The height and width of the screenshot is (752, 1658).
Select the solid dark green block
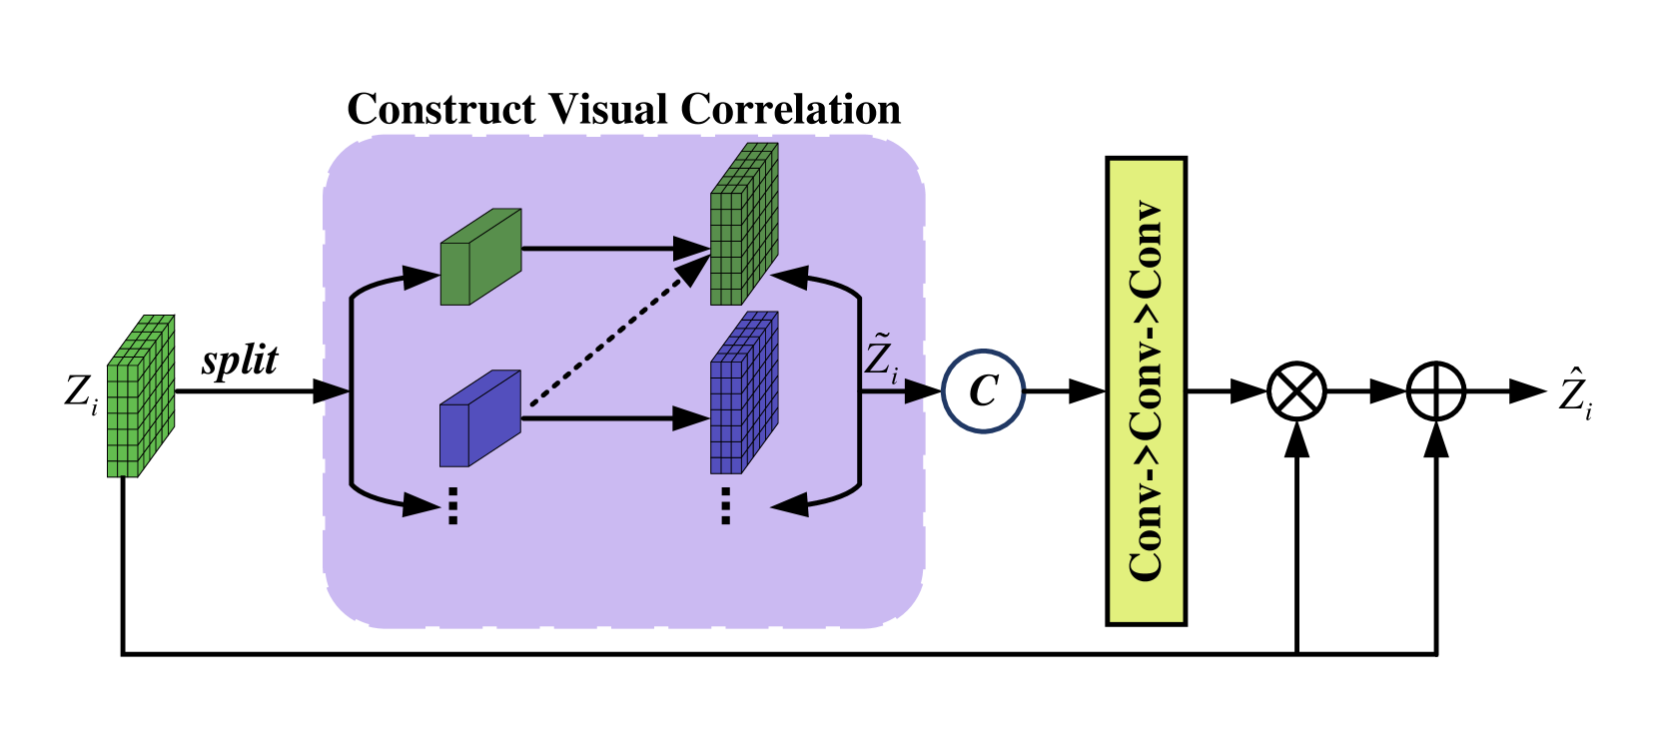(479, 258)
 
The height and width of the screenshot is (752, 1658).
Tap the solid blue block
(479, 419)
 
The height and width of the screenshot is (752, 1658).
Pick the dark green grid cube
(743, 226)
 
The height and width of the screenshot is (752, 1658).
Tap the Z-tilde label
(880, 359)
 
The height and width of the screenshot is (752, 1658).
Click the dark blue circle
(984, 391)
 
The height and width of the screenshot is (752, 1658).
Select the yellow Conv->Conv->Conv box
(1146, 391)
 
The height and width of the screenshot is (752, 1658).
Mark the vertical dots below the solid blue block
(452, 505)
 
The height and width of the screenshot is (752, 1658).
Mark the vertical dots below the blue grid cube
(725, 505)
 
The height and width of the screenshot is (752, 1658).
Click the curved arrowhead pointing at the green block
(419, 278)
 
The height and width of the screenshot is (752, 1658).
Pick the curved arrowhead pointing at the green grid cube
(790, 277)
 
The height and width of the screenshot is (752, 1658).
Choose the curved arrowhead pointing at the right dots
(790, 504)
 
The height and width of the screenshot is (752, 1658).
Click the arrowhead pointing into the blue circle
(916, 391)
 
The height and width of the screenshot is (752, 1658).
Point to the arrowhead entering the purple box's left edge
(336, 391)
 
